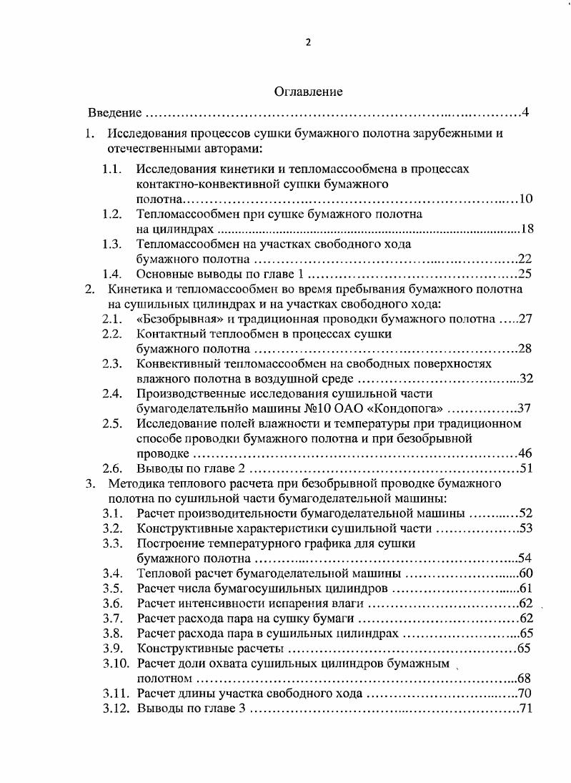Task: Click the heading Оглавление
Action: [x=308, y=92]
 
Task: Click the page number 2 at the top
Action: [x=308, y=41]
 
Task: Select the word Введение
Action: [x=114, y=113]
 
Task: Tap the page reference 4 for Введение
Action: [x=525, y=113]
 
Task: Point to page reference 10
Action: [x=526, y=198]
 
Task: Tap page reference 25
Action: [x=526, y=274]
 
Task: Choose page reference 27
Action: [x=526, y=318]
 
